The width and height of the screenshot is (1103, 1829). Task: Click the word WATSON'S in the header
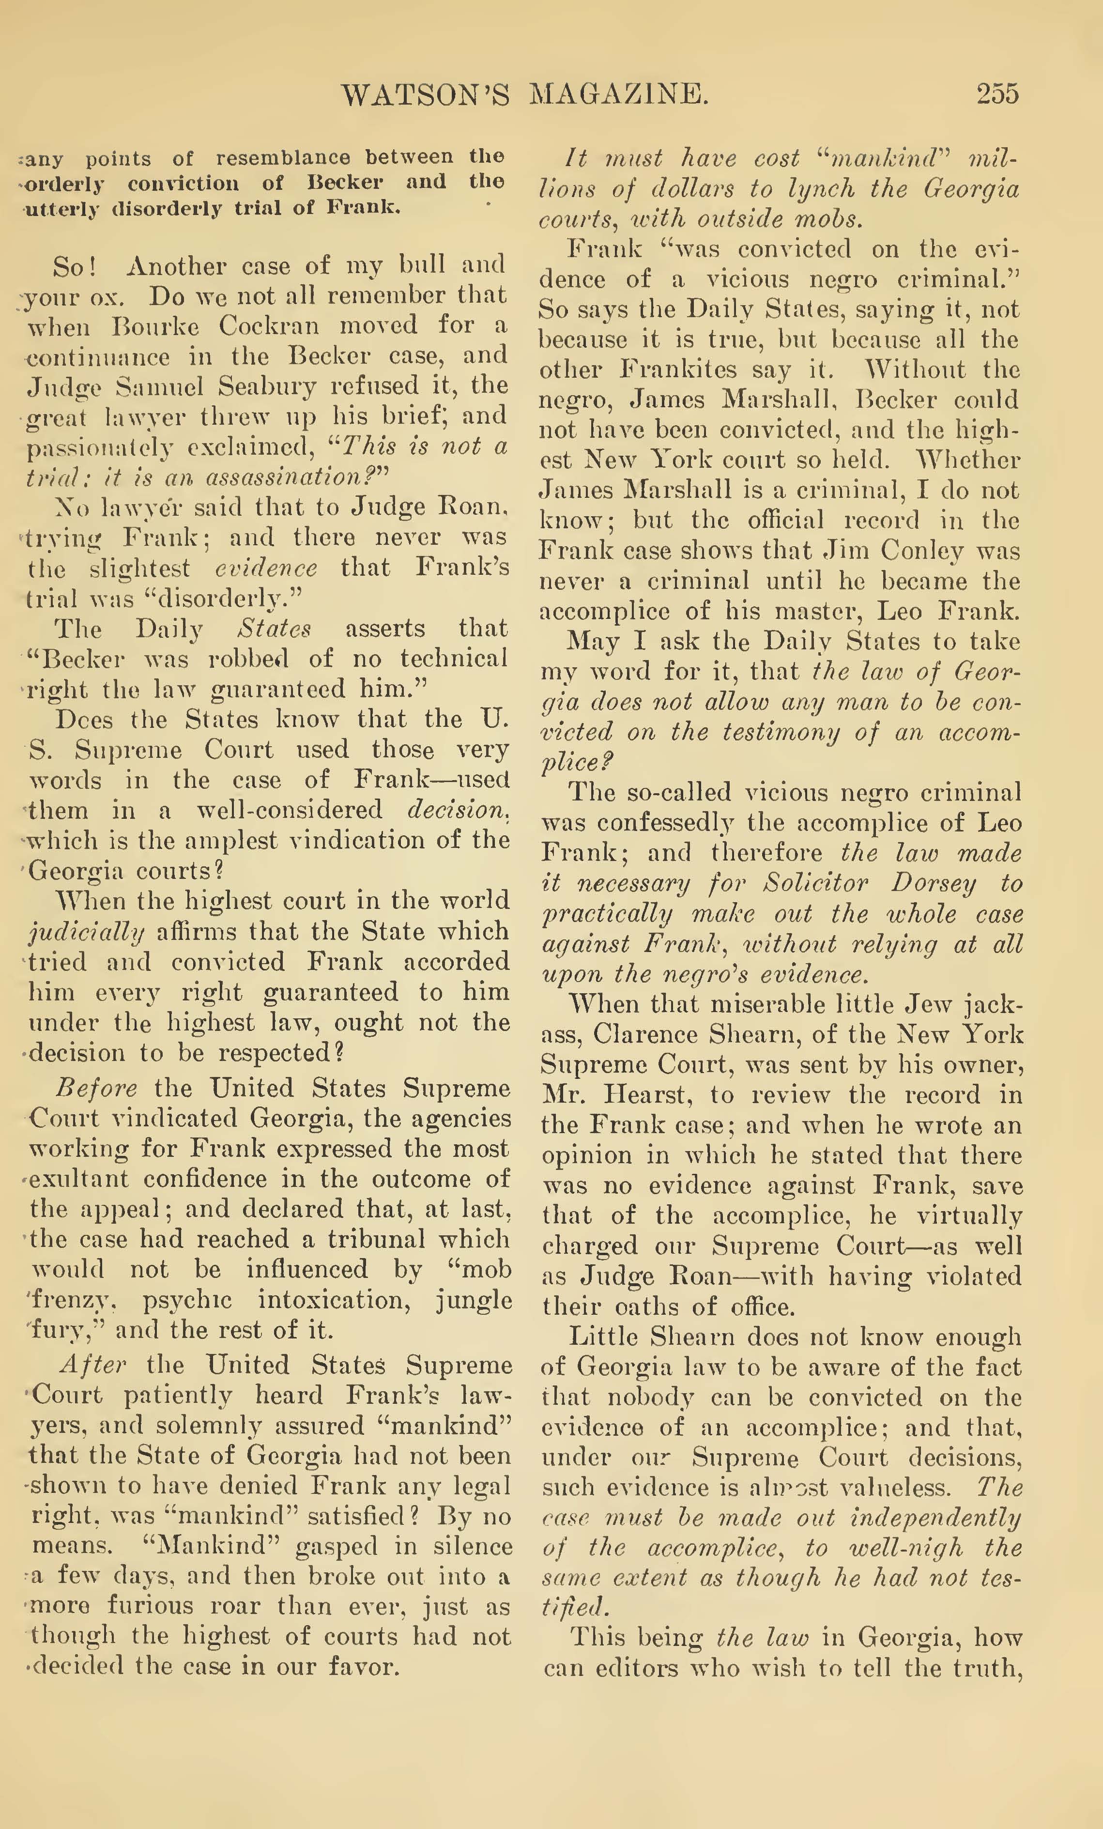tap(425, 94)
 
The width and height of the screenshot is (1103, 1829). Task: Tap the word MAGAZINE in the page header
tap(620, 94)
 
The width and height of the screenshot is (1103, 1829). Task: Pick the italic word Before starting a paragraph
tap(96, 1088)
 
